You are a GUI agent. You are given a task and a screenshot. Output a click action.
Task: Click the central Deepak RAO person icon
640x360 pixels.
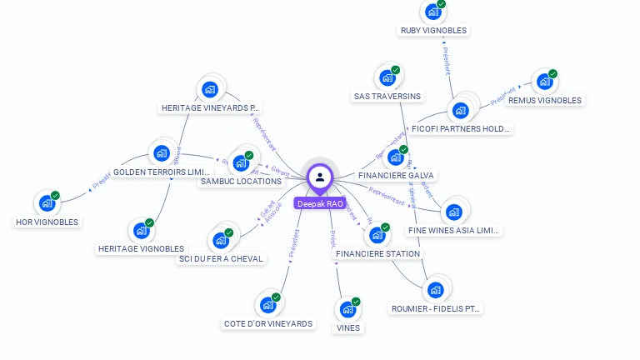tap(320, 177)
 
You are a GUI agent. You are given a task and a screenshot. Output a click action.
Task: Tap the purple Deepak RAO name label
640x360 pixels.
tap(320, 203)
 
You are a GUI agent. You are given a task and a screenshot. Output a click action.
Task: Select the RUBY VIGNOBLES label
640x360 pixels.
tap(433, 30)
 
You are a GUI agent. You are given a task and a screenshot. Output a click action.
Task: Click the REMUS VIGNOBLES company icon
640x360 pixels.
tap(544, 82)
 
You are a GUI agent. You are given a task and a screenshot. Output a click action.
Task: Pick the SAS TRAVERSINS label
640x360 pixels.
tap(387, 96)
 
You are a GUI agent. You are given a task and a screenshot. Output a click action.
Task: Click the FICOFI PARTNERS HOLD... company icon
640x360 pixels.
tap(460, 110)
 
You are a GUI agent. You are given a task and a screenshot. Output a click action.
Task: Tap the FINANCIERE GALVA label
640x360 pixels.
tap(397, 176)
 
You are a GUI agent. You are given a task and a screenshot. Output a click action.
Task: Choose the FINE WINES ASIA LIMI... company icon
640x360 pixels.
tap(453, 212)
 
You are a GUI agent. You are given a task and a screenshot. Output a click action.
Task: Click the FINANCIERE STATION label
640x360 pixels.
tap(378, 253)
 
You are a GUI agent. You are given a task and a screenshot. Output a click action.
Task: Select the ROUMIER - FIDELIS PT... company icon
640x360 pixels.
tap(435, 290)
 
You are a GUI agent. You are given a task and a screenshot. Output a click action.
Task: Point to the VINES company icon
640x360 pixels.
tap(347, 310)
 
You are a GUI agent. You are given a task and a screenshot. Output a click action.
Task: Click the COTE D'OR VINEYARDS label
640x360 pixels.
tap(268, 323)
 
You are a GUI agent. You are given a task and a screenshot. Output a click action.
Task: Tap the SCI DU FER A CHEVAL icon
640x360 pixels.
tap(221, 240)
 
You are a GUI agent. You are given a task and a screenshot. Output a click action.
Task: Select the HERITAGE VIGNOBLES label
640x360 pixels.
tap(141, 248)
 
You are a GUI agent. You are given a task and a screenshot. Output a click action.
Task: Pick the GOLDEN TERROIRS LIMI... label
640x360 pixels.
tap(162, 172)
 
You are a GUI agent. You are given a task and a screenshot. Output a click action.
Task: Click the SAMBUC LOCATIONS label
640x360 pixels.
tap(241, 181)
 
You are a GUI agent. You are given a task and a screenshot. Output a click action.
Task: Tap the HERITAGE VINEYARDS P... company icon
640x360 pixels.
tap(210, 89)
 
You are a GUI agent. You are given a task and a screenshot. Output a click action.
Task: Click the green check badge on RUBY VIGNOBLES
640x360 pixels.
tap(441, 4)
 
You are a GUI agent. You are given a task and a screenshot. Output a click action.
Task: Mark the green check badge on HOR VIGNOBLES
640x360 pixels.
tap(55, 196)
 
